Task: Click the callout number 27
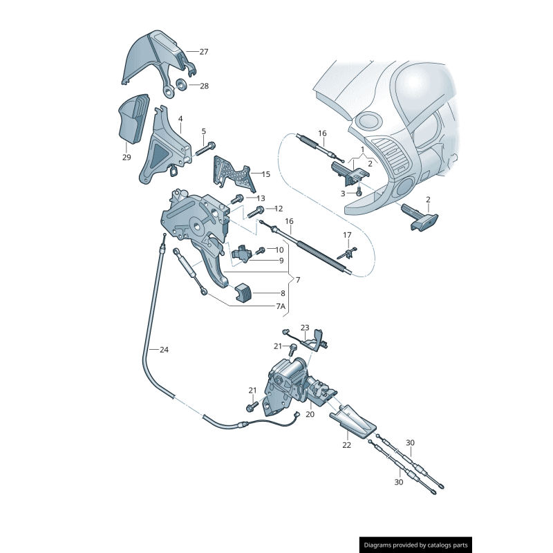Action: pos(204,52)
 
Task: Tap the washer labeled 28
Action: pos(182,84)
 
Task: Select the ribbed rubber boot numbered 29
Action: pos(133,119)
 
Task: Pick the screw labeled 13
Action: pos(237,199)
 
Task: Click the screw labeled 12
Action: pos(256,212)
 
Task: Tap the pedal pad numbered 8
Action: pos(243,292)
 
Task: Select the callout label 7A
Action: pos(281,306)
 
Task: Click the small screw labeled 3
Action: pos(359,191)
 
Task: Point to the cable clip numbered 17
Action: pos(347,253)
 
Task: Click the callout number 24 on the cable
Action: pos(164,350)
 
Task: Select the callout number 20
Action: pos(310,414)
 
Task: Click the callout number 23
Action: pos(305,328)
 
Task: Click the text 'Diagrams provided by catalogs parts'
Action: pos(416,545)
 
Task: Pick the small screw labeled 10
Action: pos(261,251)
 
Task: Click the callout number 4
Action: pos(180,119)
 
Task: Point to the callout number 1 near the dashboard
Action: pos(362,150)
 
